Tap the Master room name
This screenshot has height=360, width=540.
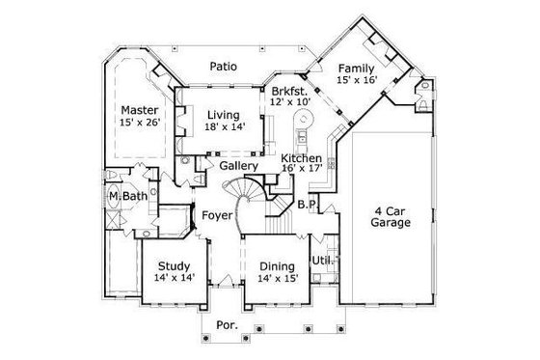point(139,110)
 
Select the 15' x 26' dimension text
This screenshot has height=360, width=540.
point(140,123)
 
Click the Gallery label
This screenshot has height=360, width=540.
point(237,166)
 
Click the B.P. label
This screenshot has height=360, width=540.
point(308,205)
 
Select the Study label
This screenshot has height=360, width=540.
point(174,265)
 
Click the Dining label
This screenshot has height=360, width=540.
point(277,265)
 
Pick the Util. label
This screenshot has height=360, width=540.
point(320,261)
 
